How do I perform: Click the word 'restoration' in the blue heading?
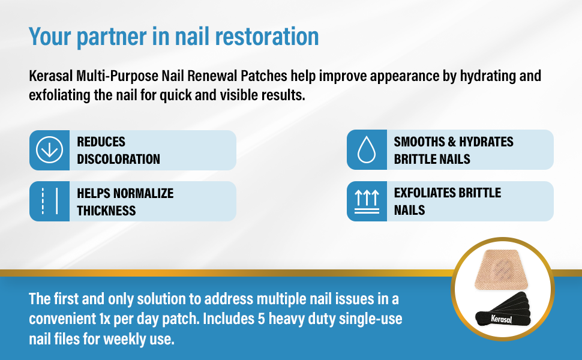[x=267, y=37]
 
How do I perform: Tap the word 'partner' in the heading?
[x=111, y=38]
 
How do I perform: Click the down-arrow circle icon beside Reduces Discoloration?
[x=49, y=149]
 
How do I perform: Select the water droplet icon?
[x=367, y=149]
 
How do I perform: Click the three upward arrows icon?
[x=367, y=202]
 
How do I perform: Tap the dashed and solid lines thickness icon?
[x=49, y=201]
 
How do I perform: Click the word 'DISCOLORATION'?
[x=118, y=159]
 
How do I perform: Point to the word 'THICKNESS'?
[x=106, y=211]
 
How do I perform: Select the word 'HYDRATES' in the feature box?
[x=486, y=142]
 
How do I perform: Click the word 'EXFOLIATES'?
[x=424, y=193]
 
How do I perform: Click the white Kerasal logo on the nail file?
[x=502, y=319]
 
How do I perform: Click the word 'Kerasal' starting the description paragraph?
[x=51, y=76]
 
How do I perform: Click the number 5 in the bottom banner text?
[x=262, y=319]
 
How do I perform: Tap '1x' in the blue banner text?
[x=104, y=319]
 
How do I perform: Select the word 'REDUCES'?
[x=101, y=142]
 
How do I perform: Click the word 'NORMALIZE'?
[x=143, y=193]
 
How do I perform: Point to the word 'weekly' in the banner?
[x=125, y=340]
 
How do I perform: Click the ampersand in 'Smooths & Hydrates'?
[x=452, y=142]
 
